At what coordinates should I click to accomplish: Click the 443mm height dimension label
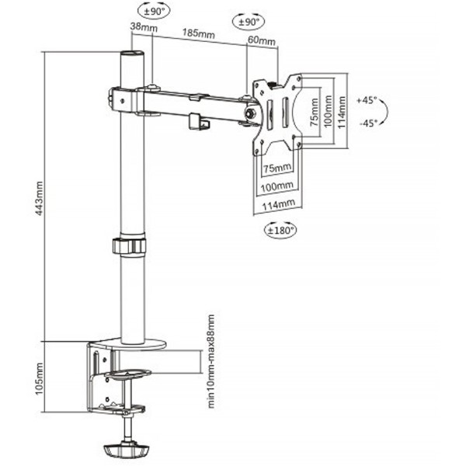pyautogui.click(x=40, y=198)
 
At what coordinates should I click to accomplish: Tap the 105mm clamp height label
pyautogui.click(x=40, y=379)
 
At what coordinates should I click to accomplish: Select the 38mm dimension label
pyautogui.click(x=144, y=27)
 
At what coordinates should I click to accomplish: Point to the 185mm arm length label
pyautogui.click(x=199, y=33)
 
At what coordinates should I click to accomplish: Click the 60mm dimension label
pyautogui.click(x=262, y=40)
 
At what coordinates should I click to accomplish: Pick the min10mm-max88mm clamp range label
pyautogui.click(x=210, y=361)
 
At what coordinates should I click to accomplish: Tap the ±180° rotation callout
pyautogui.click(x=280, y=230)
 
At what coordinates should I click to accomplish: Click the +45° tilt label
pyautogui.click(x=367, y=100)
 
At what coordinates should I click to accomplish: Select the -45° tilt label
pyautogui.click(x=368, y=123)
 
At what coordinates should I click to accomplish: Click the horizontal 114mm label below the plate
pyautogui.click(x=278, y=205)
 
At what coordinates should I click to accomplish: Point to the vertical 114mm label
pyautogui.click(x=342, y=112)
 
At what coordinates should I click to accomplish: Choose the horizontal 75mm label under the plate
pyautogui.click(x=277, y=169)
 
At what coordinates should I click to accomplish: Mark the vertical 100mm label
pyautogui.click(x=328, y=111)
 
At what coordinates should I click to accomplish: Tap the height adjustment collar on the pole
pyautogui.click(x=130, y=245)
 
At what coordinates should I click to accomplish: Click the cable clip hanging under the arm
pyautogui.click(x=199, y=122)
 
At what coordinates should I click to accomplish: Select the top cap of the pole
pyautogui.click(x=132, y=54)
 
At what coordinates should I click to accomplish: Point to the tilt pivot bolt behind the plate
pyautogui.click(x=250, y=113)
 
